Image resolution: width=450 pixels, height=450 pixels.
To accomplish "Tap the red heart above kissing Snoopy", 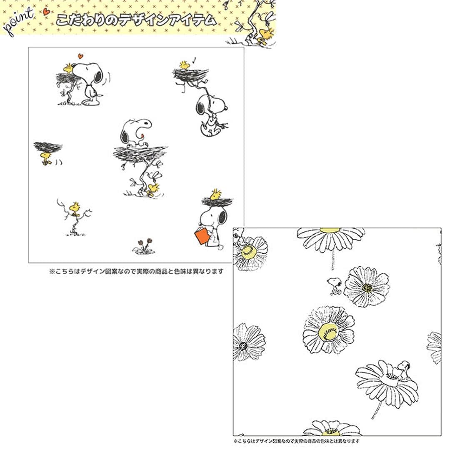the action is tap(81, 56).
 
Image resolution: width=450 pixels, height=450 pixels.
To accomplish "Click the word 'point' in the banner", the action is tap(18, 23).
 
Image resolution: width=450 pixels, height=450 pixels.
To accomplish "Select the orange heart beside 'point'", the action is tap(46, 12).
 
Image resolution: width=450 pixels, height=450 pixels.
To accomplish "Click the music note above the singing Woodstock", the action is tap(194, 60).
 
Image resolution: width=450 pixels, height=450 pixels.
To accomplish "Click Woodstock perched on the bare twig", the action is tap(75, 208).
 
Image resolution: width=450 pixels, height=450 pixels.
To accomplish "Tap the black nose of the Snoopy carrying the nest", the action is tap(226, 108).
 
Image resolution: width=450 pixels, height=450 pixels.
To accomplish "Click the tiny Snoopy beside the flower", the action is tap(334, 285).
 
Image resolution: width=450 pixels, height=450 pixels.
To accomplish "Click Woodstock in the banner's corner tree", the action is tap(265, 34).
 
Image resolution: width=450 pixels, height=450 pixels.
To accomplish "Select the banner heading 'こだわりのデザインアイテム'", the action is tap(136, 20).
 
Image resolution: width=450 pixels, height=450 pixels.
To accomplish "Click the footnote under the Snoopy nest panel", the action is tap(136, 271).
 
